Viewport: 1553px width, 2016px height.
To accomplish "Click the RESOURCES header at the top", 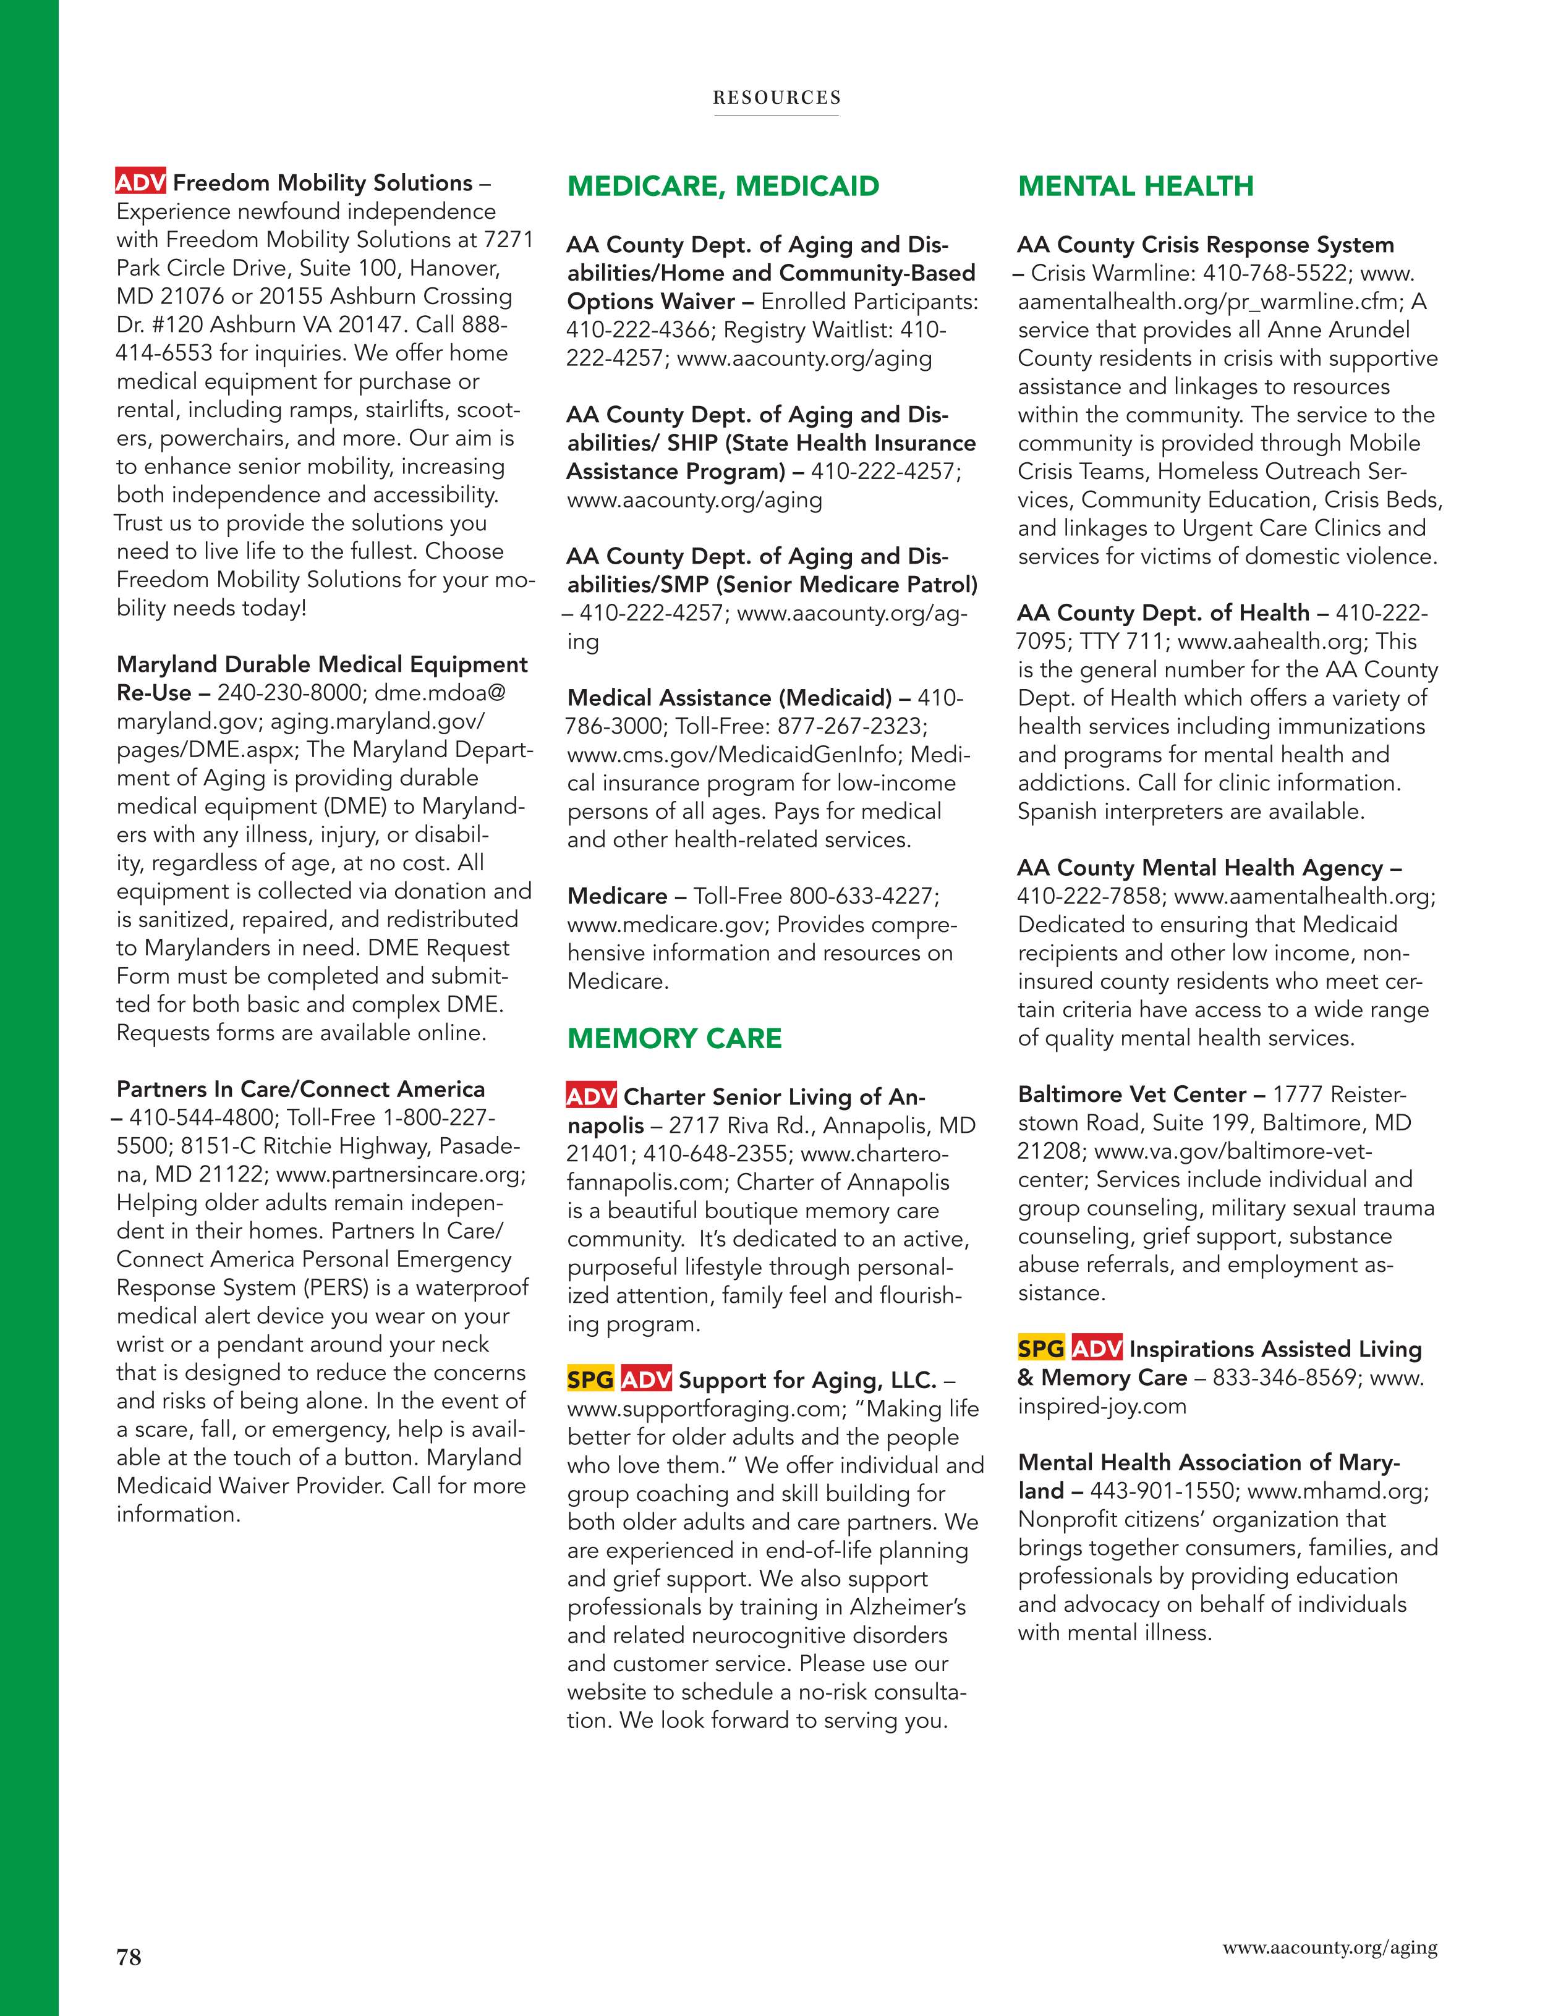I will tap(776, 98).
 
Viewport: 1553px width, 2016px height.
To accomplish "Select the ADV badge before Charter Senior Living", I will tap(592, 1096).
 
